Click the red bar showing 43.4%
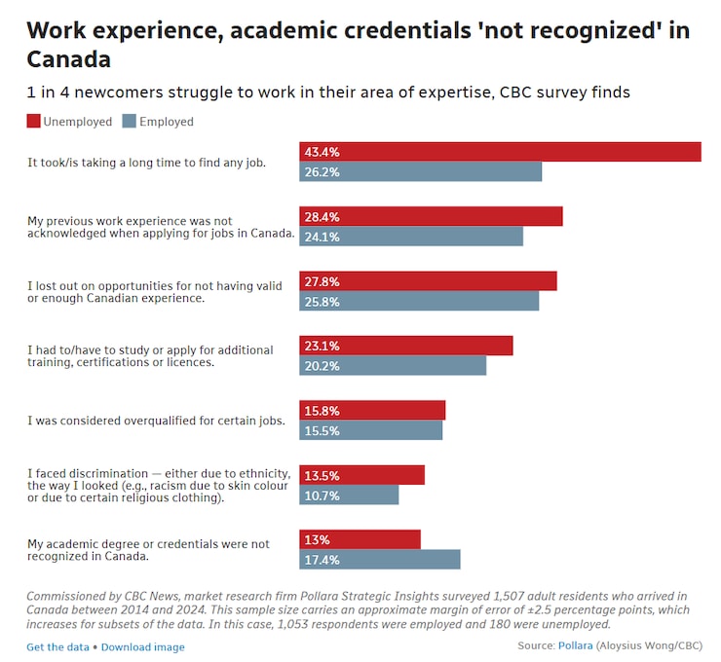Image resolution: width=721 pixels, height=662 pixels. [500, 152]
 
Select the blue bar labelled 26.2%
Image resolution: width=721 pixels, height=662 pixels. [420, 172]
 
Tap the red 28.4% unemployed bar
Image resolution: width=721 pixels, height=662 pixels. [431, 216]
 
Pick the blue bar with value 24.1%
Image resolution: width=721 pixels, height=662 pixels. [410, 237]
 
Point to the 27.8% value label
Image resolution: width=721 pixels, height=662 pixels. [323, 281]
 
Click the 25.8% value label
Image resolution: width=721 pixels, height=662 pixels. [323, 302]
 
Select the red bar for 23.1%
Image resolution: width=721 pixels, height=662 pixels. [405, 346]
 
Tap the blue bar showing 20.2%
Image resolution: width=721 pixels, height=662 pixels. [392, 366]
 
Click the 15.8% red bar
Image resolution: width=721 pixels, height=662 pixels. [371, 410]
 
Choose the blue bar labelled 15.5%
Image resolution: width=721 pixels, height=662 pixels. [370, 430]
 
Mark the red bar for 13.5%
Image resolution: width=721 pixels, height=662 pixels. [361, 475]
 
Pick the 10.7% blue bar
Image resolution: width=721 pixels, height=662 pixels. [349, 496]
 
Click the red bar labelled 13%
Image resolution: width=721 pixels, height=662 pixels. [360, 539]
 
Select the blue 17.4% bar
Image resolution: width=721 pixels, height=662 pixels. [379, 560]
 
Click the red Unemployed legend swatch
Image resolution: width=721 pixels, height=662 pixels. [34, 122]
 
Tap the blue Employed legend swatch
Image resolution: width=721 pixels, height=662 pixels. [130, 122]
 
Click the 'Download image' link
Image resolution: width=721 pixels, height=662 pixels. [142, 647]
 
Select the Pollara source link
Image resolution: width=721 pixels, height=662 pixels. [576, 645]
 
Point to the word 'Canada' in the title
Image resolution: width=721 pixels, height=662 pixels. [68, 59]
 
